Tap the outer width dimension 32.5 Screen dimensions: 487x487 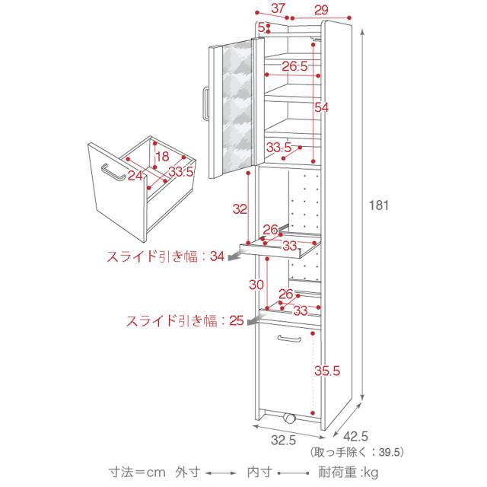282,439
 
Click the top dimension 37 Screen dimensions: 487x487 278,9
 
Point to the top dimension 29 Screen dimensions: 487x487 320,9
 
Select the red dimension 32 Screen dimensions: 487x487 240,208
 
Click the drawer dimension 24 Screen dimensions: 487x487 135,176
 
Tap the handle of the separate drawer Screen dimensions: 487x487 112,171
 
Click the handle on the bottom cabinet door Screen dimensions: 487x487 290,338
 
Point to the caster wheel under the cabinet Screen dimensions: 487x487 288,419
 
